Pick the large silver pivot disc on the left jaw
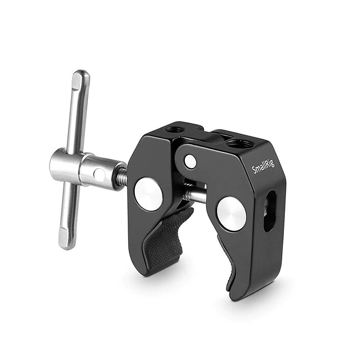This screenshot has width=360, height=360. coord(148,194)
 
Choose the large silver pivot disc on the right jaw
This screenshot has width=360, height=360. coord(231,213)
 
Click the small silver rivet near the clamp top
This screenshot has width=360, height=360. coord(190,162)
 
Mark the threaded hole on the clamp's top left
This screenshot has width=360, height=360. coord(175,130)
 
